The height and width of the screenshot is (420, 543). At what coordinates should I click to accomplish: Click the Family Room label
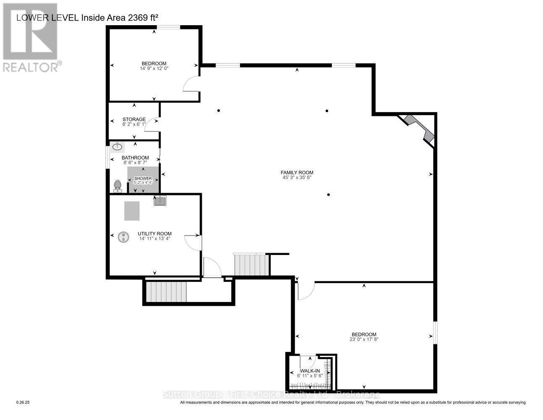click(x=297, y=172)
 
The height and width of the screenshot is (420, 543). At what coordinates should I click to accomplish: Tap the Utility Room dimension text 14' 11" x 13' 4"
click(x=155, y=239)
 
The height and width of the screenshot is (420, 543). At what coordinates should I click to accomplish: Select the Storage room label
click(x=134, y=119)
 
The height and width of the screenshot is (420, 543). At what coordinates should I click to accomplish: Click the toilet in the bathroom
click(x=117, y=185)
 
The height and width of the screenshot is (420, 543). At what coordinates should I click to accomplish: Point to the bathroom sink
click(x=117, y=147)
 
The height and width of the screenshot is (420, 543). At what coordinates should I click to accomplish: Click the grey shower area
click(x=143, y=180)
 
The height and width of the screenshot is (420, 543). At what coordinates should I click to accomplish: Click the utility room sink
click(x=160, y=201)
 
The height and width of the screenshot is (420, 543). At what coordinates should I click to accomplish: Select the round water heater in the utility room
click(x=123, y=237)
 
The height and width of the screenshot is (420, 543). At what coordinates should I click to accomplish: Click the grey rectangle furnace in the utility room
click(x=132, y=211)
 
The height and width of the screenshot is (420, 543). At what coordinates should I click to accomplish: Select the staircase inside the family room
click(x=251, y=265)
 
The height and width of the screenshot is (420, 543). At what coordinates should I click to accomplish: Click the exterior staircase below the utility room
click(x=166, y=292)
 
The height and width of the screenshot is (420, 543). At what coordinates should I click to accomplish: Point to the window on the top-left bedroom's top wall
click(x=169, y=28)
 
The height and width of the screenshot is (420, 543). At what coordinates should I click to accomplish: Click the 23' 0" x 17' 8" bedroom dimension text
click(x=364, y=339)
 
